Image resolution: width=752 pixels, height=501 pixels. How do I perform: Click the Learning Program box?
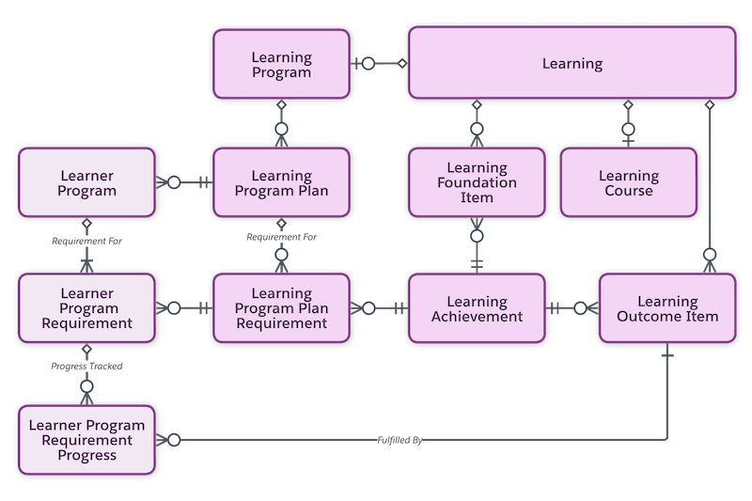click(280, 64)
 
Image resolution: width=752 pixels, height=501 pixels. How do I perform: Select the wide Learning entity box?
click(572, 64)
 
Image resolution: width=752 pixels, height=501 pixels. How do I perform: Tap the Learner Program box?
click(87, 182)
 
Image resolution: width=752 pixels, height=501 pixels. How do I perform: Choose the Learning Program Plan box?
click(280, 182)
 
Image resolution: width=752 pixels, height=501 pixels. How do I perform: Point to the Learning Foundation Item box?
click(477, 182)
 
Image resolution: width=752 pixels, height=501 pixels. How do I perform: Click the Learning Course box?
click(629, 182)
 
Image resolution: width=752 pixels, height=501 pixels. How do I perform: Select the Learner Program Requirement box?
click(87, 307)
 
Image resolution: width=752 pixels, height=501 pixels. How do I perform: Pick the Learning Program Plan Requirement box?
click(280, 307)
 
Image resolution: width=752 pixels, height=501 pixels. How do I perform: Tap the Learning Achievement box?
click(477, 307)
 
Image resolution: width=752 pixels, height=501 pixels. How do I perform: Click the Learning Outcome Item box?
click(666, 307)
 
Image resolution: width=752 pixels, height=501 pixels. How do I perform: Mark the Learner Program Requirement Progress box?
click(87, 440)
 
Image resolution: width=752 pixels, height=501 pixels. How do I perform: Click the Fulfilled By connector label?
click(399, 440)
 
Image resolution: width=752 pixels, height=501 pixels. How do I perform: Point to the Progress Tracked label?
click(87, 365)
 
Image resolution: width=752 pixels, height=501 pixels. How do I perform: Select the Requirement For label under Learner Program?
click(87, 241)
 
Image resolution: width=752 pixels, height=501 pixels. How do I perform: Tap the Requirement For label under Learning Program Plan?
click(280, 238)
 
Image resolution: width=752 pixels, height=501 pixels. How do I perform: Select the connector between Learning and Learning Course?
click(629, 122)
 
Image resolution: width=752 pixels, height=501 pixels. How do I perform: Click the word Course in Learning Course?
click(629, 191)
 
